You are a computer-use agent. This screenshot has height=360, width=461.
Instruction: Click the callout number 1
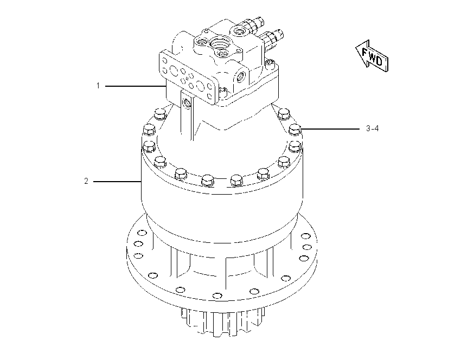click(98, 86)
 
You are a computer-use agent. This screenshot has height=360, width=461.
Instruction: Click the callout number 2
click(86, 181)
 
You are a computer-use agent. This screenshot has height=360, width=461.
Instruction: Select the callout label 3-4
click(372, 128)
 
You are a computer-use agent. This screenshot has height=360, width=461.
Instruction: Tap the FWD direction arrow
click(372, 56)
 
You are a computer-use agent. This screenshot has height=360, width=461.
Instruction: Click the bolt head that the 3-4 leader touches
click(296, 129)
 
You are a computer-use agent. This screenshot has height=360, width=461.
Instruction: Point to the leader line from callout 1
click(136, 86)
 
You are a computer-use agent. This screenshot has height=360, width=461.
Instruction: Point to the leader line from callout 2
click(117, 182)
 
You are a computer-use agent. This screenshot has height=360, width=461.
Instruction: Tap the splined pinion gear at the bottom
click(223, 322)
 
